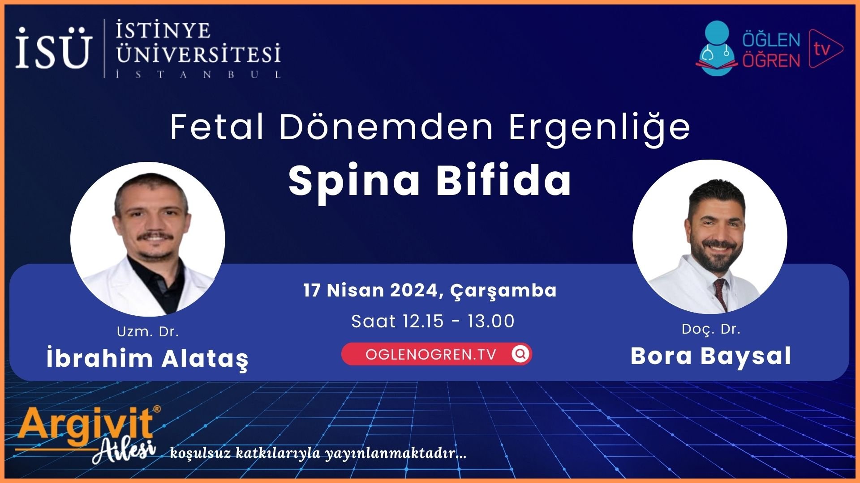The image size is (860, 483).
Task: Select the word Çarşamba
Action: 503,291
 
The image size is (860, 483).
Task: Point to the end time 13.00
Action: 491,321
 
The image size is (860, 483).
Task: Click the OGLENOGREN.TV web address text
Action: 431,355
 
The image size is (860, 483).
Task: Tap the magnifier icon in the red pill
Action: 520,354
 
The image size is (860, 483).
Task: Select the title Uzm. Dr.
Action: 148,332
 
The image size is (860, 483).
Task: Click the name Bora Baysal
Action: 711,356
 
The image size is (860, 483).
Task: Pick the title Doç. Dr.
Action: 711,329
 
